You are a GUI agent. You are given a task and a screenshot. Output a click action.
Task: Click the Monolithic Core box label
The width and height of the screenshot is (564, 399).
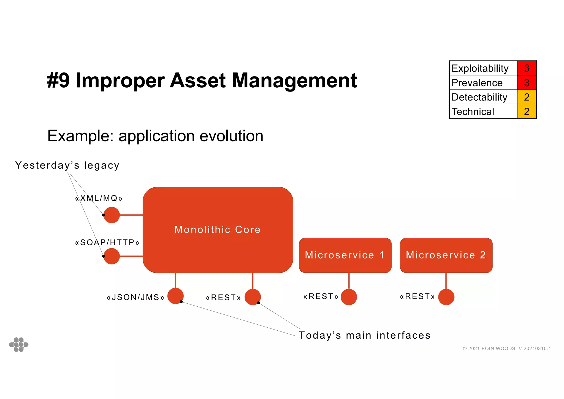217,230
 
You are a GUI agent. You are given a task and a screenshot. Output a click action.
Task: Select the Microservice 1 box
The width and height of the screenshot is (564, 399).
345,255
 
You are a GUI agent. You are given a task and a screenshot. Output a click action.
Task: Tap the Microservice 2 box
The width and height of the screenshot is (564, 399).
446,255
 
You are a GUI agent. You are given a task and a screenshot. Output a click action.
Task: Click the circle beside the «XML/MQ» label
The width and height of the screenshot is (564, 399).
112,215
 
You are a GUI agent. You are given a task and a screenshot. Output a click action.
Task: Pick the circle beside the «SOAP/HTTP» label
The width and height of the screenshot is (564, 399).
112,256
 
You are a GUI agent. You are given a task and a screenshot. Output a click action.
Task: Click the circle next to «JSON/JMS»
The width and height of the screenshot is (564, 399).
175,296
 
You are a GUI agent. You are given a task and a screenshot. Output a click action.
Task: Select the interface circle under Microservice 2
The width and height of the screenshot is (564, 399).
446,297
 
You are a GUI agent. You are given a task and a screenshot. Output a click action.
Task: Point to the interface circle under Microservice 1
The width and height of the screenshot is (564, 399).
349,297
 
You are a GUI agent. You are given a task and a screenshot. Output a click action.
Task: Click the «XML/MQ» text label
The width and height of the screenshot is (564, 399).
99,198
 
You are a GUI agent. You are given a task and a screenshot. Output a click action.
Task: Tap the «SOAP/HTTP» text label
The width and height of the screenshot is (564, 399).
107,242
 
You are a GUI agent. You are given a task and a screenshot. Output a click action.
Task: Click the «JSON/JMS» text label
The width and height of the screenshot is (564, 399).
135,298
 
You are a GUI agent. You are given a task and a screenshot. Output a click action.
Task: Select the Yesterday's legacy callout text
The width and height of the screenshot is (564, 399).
67,165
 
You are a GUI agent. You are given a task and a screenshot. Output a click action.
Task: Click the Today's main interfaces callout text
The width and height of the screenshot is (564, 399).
364,335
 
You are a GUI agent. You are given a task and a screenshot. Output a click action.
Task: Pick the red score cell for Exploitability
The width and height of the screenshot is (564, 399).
527,68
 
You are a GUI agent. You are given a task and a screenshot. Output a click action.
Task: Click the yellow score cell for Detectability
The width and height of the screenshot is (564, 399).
527,97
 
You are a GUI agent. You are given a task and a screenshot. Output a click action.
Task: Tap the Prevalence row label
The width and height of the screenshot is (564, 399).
477,83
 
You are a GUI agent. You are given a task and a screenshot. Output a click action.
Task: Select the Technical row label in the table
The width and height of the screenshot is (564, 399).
473,112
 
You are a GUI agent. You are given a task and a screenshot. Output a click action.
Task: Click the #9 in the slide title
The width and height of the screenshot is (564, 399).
58,80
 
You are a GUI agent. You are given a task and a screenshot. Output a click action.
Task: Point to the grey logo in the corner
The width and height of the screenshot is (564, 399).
19,344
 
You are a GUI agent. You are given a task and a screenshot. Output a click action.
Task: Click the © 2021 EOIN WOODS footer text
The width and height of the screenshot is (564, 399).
489,349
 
